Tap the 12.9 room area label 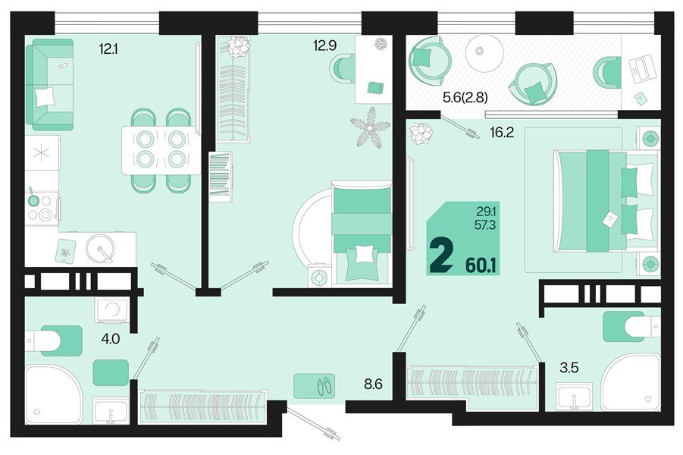325,45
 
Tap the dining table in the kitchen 161,149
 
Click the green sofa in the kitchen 49,85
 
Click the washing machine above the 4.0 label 113,310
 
